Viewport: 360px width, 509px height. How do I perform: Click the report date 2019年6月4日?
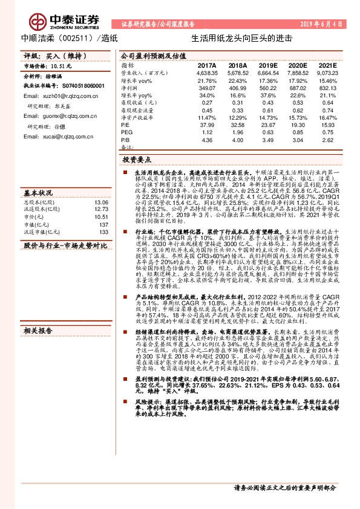coord(322,23)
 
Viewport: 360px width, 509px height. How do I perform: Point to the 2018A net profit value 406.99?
coord(237,88)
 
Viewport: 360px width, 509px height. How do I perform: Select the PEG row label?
coord(126,132)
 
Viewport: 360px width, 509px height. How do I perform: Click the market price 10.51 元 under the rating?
coord(60,65)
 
